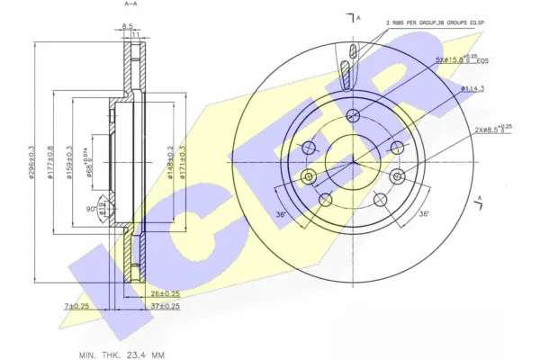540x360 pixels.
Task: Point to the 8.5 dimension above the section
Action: [x=128, y=26]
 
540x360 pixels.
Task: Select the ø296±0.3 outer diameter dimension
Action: [x=31, y=163]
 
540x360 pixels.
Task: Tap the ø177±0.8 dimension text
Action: [x=51, y=163]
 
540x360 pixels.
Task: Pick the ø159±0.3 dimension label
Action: [x=71, y=163]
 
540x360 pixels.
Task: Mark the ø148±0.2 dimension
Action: [x=171, y=163]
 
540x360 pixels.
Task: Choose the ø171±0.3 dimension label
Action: [x=184, y=163]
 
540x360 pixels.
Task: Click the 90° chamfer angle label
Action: [x=90, y=209]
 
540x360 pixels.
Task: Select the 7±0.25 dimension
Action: [x=76, y=307]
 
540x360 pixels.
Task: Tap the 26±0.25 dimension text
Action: [x=165, y=294]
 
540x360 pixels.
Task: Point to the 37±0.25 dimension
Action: [x=165, y=307]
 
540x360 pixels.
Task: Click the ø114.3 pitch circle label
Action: [x=472, y=89]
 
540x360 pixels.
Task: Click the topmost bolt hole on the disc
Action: [x=353, y=114]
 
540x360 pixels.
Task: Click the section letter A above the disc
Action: [x=358, y=17]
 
